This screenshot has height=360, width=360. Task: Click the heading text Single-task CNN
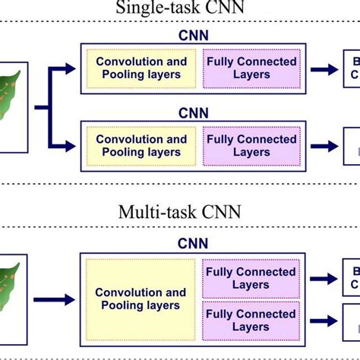click(x=179, y=8)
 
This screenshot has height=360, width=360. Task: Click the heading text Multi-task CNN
click(x=179, y=210)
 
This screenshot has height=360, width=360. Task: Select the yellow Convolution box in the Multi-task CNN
click(x=141, y=298)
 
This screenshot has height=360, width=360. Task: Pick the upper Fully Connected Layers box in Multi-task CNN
click(x=250, y=278)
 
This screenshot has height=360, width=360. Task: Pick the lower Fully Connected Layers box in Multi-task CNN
click(x=250, y=320)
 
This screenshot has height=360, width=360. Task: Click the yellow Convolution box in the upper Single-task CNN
click(x=141, y=68)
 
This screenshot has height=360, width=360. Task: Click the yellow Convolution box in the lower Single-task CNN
click(x=141, y=145)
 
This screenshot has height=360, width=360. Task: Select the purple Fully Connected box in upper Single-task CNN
click(x=250, y=68)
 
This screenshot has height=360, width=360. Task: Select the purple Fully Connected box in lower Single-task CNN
click(x=250, y=145)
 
